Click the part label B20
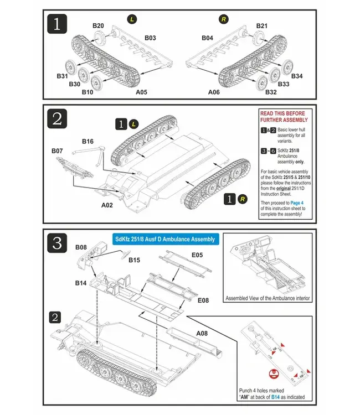[98, 26]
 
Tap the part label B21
[262, 26]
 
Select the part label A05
[141, 92]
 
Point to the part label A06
[216, 92]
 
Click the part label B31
[62, 76]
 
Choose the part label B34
[297, 76]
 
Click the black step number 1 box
[58, 24]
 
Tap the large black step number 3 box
[58, 243]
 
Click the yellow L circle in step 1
[132, 19]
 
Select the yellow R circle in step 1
[224, 19]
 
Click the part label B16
[88, 142]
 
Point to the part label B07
[58, 151]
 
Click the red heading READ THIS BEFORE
[282, 114]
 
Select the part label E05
[197, 256]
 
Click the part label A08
[202, 334]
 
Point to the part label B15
[135, 260]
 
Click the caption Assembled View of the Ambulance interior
[268, 299]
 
